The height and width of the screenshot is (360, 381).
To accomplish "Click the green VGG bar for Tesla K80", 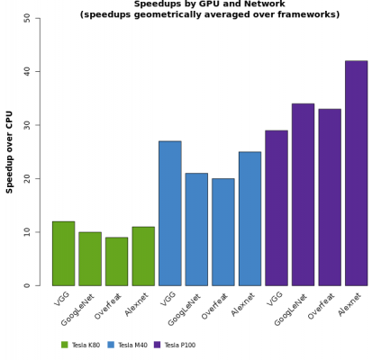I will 63,254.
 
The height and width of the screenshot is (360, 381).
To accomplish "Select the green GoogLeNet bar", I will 90,259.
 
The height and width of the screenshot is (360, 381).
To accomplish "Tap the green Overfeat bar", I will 116,262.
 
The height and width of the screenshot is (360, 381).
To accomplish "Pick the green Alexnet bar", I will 143,256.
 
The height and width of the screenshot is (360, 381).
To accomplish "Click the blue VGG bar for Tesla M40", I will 169,213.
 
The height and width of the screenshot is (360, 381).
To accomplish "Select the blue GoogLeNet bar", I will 196,229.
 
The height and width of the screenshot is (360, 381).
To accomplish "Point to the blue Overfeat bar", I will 222,232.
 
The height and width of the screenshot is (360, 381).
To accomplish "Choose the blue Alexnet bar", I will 249,219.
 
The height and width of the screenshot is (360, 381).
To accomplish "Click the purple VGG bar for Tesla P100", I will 276,208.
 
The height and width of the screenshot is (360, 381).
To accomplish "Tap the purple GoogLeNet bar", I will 303,194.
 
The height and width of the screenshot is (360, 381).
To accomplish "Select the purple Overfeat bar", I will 329,197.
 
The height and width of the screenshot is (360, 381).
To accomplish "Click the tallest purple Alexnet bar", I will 356,173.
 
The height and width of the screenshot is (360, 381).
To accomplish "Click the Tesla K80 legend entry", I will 81,345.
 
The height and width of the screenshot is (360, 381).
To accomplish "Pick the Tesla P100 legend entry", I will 175,345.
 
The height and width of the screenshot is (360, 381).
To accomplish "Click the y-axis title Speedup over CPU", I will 10,151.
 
